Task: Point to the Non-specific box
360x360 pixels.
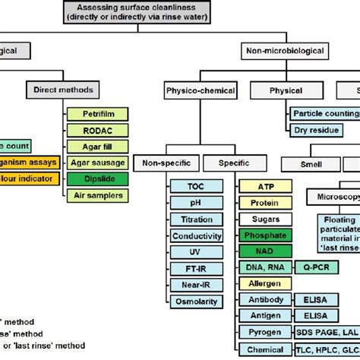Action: [x=167, y=163]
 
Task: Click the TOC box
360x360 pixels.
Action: [x=196, y=185]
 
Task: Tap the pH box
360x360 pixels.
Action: [x=196, y=202]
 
